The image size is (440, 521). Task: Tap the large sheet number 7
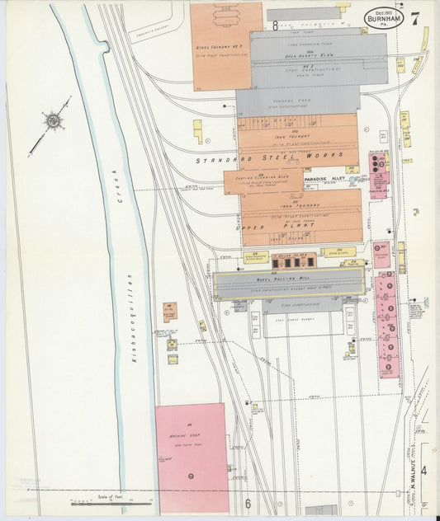414,16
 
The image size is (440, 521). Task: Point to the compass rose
54,121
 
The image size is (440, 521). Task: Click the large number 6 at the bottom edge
246,504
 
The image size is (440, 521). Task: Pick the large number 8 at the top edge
274,26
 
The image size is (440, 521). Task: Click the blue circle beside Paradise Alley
352,179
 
